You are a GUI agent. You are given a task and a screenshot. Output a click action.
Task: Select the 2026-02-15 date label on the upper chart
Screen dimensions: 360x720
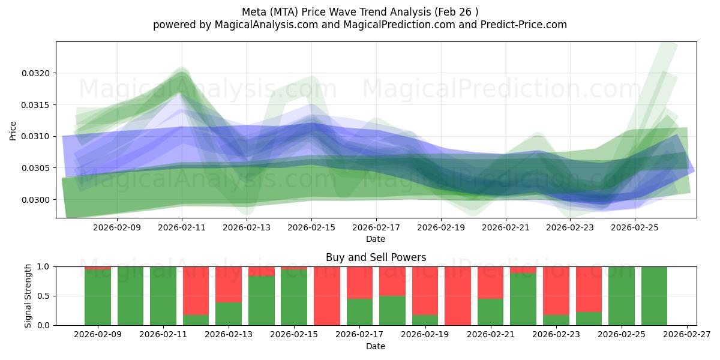pos(311,227)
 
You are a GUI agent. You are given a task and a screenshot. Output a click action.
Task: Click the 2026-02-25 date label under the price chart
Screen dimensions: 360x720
pos(635,227)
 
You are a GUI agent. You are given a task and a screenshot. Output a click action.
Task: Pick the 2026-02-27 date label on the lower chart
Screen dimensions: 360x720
pos(686,335)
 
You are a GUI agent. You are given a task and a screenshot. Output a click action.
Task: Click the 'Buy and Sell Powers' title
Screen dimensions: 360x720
pos(376,257)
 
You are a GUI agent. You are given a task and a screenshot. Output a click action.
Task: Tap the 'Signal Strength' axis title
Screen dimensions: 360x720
pos(28,296)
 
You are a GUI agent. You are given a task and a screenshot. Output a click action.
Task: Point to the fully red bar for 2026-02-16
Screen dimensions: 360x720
pos(327,296)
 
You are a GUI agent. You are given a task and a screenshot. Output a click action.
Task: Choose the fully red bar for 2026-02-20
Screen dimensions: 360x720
pos(458,296)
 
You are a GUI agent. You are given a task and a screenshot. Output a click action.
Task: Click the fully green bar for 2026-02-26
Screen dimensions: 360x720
pos(654,296)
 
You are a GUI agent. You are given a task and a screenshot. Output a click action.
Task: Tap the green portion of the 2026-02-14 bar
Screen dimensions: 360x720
pos(262,301)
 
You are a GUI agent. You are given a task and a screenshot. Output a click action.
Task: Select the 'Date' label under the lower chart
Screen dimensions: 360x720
pos(376,346)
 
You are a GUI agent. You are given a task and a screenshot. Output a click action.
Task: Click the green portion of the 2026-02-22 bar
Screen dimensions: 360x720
pos(523,299)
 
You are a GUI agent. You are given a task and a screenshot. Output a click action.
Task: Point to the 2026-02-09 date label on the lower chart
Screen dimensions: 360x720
pos(98,335)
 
